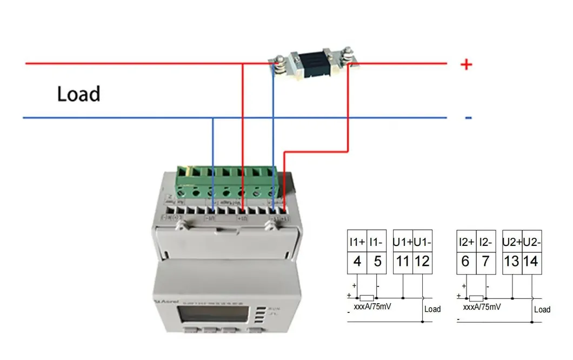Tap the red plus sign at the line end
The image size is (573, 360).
tap(466, 64)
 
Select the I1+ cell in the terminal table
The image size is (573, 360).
tap(357, 242)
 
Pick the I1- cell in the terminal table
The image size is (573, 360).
tap(377, 242)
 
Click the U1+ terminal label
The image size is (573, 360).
tap(403, 242)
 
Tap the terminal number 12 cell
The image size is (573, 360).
tap(422, 262)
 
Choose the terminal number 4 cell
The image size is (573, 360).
tap(357, 262)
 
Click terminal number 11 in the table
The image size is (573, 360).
tap(403, 262)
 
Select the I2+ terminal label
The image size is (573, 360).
tap(466, 242)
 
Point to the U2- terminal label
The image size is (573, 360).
tap(532, 242)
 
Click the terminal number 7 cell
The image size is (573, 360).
tap(486, 262)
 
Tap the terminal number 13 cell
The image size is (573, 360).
tap(512, 262)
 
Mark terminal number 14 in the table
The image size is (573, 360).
tap(531, 262)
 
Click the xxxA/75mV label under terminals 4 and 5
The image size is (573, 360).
tap(374, 307)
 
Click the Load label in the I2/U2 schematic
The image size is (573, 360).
tap(542, 309)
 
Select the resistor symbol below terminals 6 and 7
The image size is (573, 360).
tap(476, 298)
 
